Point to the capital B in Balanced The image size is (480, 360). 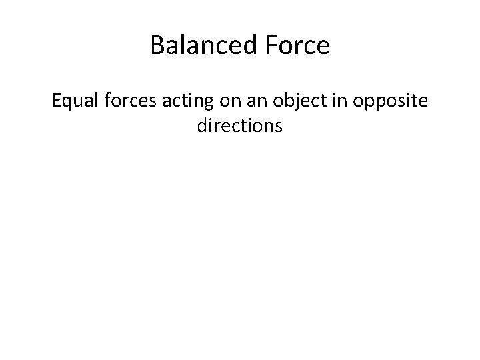pyautogui.click(x=157, y=46)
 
